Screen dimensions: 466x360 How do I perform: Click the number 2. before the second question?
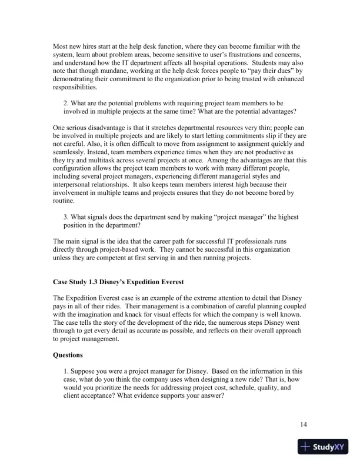coord(66,103)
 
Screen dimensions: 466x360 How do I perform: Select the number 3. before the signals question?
coord(66,216)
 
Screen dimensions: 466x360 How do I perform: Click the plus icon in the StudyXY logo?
coord(306,447)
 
